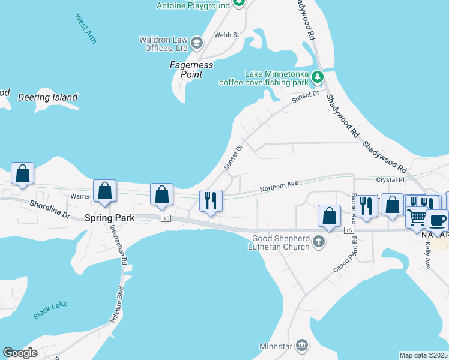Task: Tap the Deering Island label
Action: pyautogui.click(x=48, y=97)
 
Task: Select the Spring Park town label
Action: pyautogui.click(x=109, y=218)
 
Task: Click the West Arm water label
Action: pyautogui.click(x=86, y=28)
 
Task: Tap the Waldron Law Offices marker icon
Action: pyautogui.click(x=197, y=43)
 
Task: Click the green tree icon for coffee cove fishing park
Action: pyautogui.click(x=317, y=77)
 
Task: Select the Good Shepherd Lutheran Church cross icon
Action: pyautogui.click(x=319, y=242)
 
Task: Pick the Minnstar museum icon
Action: pyautogui.click(x=302, y=345)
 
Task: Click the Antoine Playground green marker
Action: pyautogui.click(x=239, y=3)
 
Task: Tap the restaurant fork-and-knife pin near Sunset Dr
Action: pyautogui.click(x=211, y=200)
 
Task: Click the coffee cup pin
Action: pyautogui.click(x=437, y=219)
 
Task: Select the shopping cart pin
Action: pyautogui.click(x=417, y=216)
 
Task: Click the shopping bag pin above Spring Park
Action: pyautogui.click(x=105, y=191)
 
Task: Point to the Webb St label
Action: pyautogui.click(x=228, y=35)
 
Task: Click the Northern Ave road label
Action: pyautogui.click(x=279, y=185)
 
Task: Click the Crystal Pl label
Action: pyautogui.click(x=391, y=179)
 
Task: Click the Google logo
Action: pyautogui.click(x=20, y=353)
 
